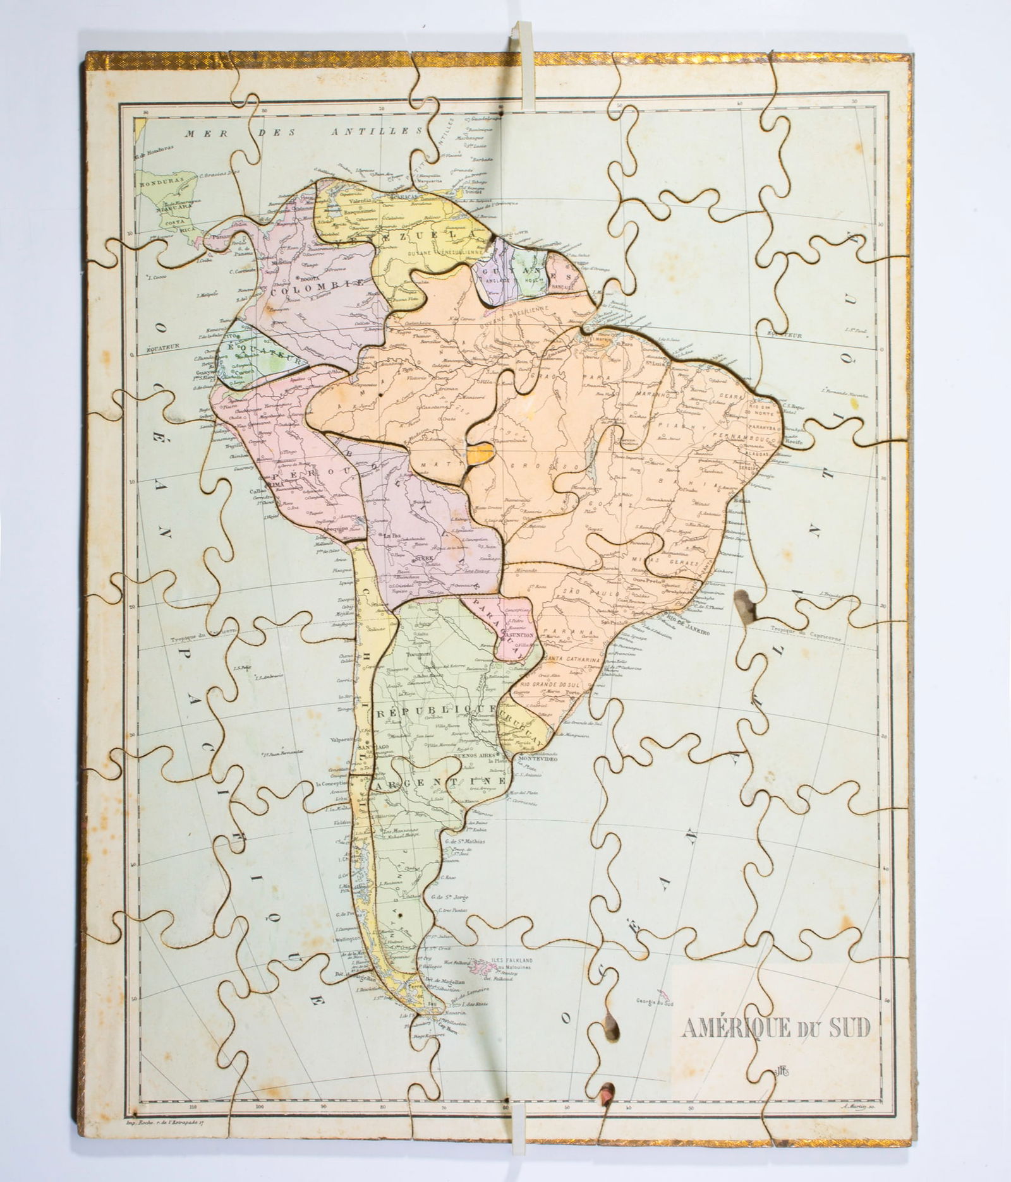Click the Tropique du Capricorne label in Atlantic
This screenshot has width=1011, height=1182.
pos(806,633)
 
